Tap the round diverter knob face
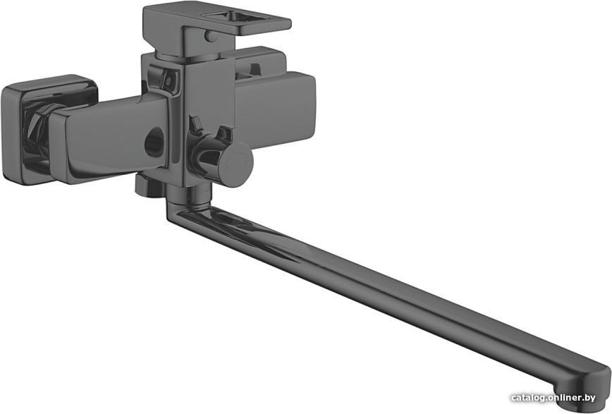235,164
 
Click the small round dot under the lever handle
210,37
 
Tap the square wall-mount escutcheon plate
49,128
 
